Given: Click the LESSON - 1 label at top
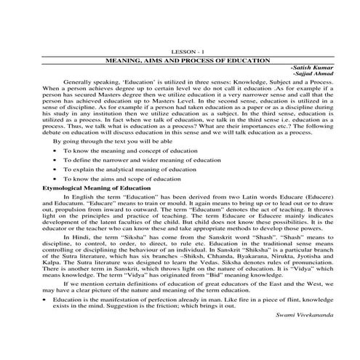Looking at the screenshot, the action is tap(180, 52).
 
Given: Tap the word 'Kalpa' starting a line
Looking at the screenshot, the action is tap(52, 285).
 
